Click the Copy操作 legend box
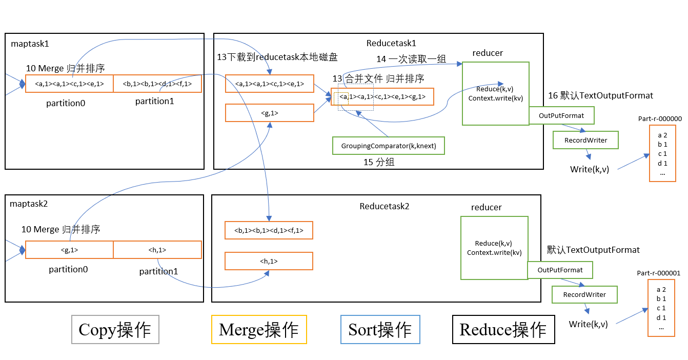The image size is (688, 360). pyautogui.click(x=115, y=329)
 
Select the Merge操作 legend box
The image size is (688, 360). pyautogui.click(x=259, y=329)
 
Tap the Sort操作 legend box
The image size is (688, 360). pyautogui.click(x=380, y=329)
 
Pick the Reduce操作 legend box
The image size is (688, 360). pyautogui.click(x=503, y=329)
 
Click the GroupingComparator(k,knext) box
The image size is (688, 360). pyautogui.click(x=389, y=146)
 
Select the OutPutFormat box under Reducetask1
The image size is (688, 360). pyautogui.click(x=561, y=116)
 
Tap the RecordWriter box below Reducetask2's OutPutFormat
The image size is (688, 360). pyautogui.click(x=584, y=295)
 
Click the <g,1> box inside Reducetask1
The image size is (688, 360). pyautogui.click(x=269, y=113)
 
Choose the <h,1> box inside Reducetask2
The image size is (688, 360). pyautogui.click(x=269, y=262)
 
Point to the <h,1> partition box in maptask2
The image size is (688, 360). pyautogui.click(x=157, y=250)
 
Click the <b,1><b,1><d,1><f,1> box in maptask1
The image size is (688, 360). pyautogui.click(x=157, y=84)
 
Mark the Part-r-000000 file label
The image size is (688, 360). pyautogui.click(x=660, y=118)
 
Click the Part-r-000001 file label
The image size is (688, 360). pyautogui.click(x=658, y=273)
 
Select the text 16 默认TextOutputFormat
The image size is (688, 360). pyautogui.click(x=600, y=95)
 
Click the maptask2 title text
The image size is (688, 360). pyautogui.click(x=29, y=204)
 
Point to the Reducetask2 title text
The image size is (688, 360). pyautogui.click(x=385, y=206)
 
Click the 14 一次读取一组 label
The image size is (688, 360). pyautogui.click(x=411, y=59)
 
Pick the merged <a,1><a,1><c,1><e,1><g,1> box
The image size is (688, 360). pyautogui.click(x=382, y=96)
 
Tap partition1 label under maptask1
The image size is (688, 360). pyautogui.click(x=154, y=102)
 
